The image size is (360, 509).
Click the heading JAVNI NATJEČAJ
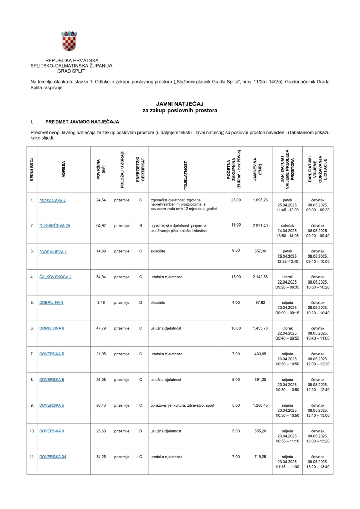[180, 103]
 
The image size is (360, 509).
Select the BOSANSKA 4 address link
[52, 200]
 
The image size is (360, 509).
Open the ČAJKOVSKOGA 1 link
[56, 276]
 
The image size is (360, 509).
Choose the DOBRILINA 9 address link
[51, 302]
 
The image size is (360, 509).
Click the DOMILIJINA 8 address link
[51, 328]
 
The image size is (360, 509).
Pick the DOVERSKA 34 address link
[52, 457]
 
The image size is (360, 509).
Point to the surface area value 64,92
[101, 225]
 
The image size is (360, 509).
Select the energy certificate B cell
[140, 225]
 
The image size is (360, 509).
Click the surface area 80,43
[101, 405]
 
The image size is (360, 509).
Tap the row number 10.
[32, 431]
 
